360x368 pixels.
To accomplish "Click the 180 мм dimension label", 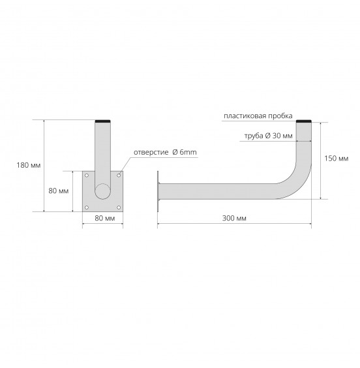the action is point(29,165).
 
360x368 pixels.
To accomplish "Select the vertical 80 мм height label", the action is point(59,191).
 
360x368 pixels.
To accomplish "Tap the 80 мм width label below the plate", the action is point(105,219).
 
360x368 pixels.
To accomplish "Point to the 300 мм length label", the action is point(234,219).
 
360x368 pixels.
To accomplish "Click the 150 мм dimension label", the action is point(337,159).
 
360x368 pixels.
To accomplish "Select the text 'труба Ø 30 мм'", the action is point(268,136).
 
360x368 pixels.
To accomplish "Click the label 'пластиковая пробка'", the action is point(258,116).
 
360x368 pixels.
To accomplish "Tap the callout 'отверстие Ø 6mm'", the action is point(165,152).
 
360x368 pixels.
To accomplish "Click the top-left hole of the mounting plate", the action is point(87,176).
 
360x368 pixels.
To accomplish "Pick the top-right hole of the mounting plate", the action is point(119,176).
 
